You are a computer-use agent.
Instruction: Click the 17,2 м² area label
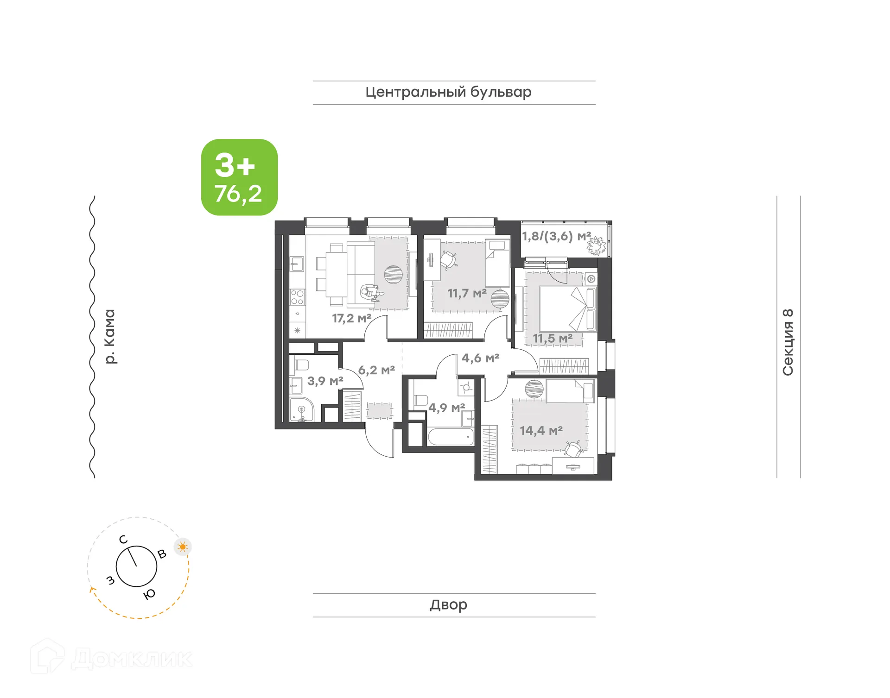pos(351,319)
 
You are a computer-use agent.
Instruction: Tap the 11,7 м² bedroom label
pos(467,294)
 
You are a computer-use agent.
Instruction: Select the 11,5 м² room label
pos(553,339)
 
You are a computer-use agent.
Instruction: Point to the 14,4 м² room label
pos(541,431)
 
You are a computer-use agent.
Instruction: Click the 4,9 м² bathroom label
pos(446,408)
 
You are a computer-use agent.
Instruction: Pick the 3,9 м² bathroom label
pos(325,381)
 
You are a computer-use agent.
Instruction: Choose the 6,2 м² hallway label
pos(376,371)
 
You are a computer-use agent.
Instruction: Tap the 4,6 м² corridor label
pos(480,358)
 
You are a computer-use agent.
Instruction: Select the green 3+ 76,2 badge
pos(239,177)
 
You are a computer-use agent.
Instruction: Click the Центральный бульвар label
pos(448,92)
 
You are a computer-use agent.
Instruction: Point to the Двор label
pos(448,605)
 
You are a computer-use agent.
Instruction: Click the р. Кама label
pos(109,336)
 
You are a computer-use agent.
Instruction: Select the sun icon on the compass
pos(183,547)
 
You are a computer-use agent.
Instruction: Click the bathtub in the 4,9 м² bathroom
pos(451,437)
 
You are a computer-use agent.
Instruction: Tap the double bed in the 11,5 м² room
pos(567,308)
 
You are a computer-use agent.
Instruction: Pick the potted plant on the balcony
pos(596,245)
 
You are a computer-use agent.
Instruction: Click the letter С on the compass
pos(123,540)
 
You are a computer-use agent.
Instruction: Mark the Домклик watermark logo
pos(111,658)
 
